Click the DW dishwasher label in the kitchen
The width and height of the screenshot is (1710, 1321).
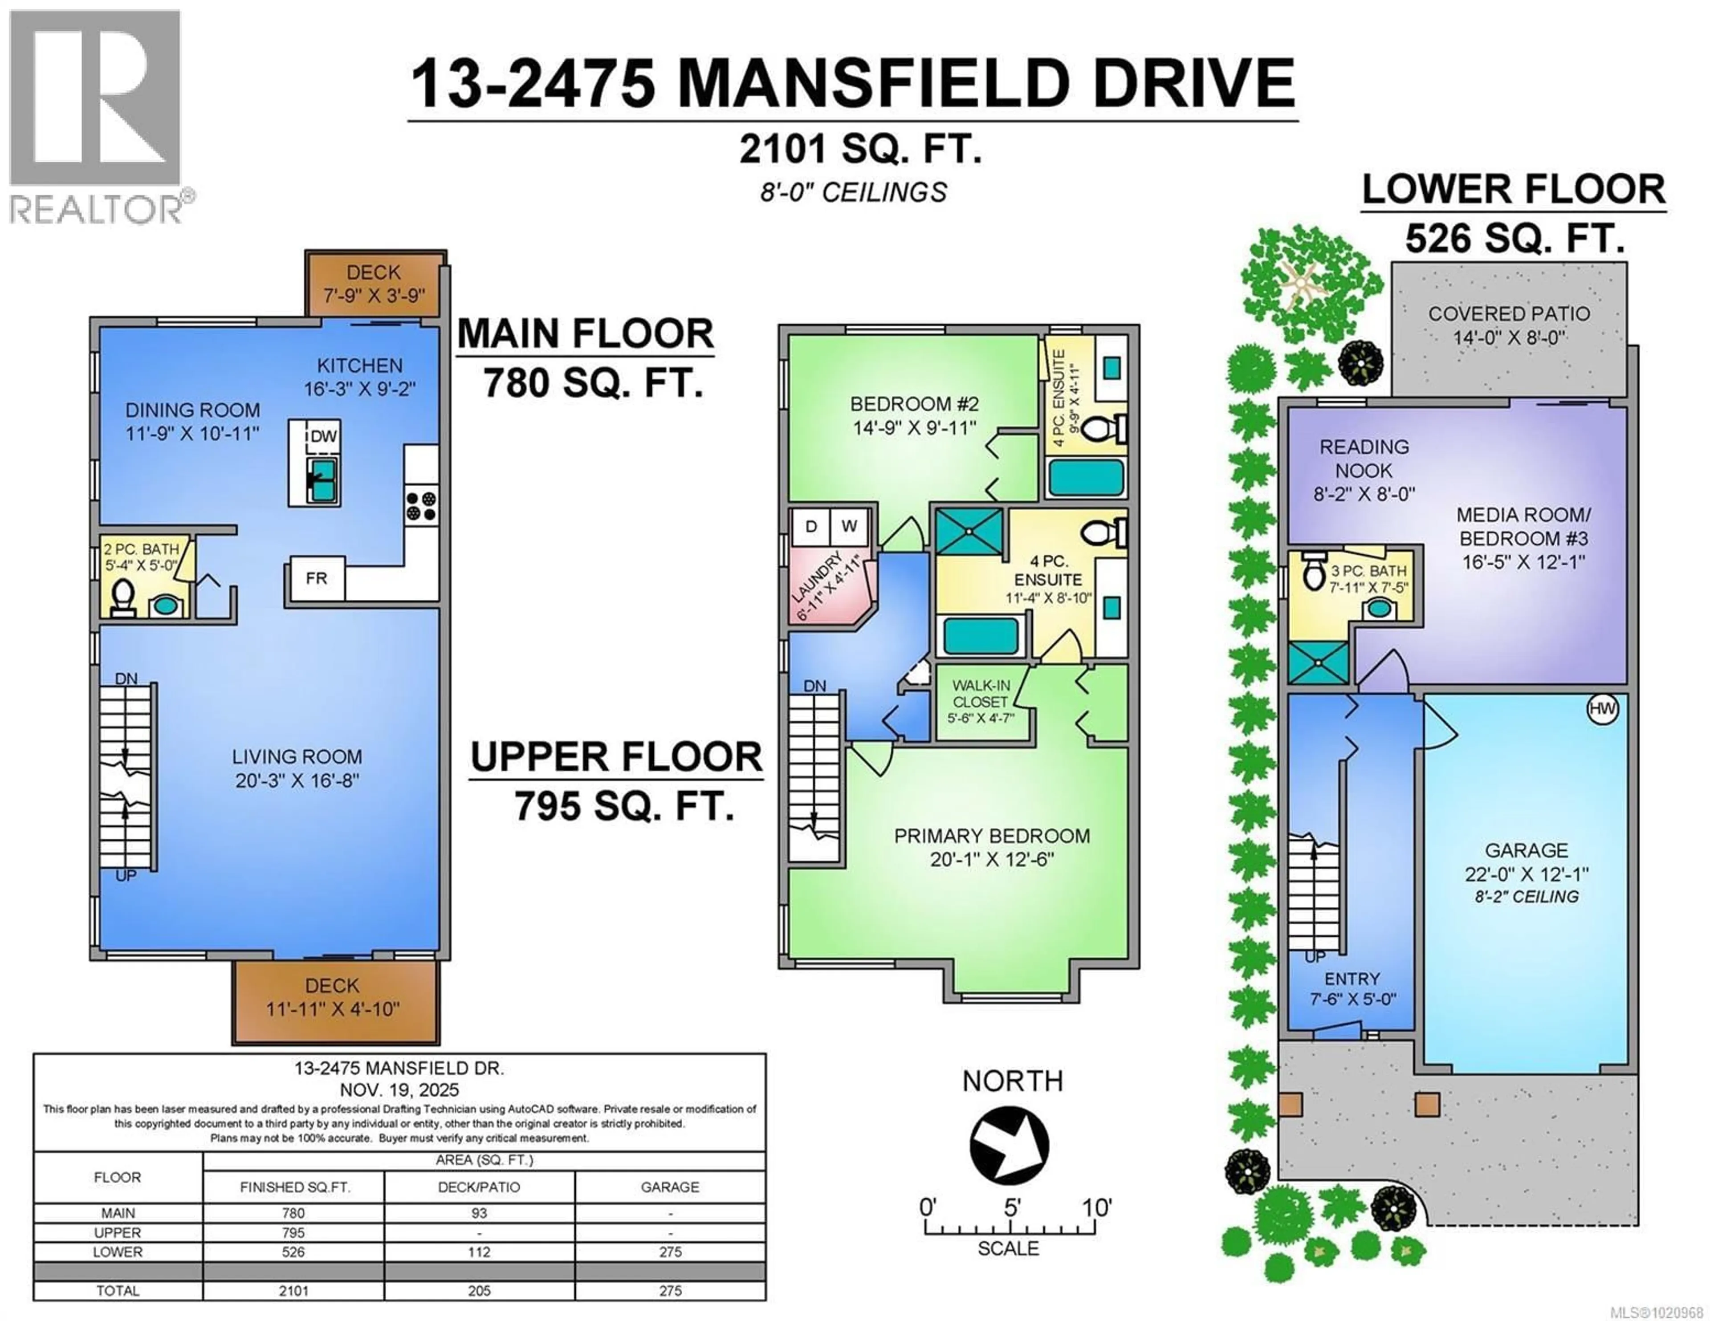(323, 437)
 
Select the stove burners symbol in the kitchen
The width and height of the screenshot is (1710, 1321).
(421, 505)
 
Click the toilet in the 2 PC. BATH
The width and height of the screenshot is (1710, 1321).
(122, 599)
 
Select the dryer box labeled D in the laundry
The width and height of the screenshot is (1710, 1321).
(811, 527)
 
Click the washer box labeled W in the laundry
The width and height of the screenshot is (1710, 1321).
(849, 527)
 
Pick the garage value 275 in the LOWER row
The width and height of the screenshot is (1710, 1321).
(670, 1251)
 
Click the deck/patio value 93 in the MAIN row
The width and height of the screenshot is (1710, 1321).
(479, 1213)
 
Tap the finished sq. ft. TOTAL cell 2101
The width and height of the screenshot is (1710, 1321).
(293, 1290)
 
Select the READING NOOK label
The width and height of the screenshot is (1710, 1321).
(1364, 459)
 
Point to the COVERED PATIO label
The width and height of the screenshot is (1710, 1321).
(1509, 314)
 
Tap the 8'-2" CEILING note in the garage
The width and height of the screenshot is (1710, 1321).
(1526, 897)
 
